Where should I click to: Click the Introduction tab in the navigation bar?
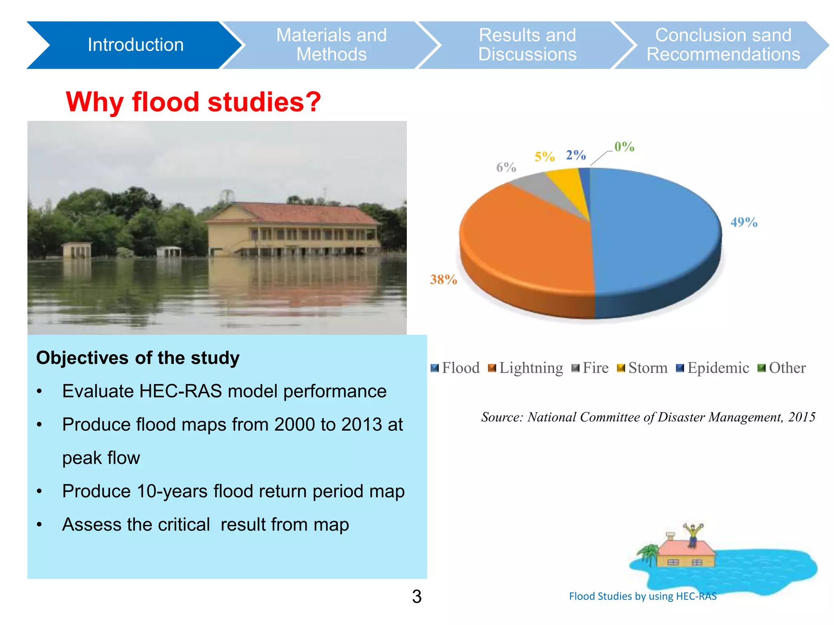click(135, 45)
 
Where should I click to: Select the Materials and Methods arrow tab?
click(331, 45)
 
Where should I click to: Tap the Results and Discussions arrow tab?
click(527, 45)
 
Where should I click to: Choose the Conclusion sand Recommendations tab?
click(723, 45)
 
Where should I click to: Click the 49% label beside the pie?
click(744, 222)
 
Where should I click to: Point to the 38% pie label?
click(443, 280)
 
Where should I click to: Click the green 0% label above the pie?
click(624, 146)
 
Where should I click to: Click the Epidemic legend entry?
click(713, 368)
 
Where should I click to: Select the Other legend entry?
click(782, 368)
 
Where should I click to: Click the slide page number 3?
click(417, 597)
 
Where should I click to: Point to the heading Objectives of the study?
click(138, 358)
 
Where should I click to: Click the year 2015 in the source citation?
click(801, 417)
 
